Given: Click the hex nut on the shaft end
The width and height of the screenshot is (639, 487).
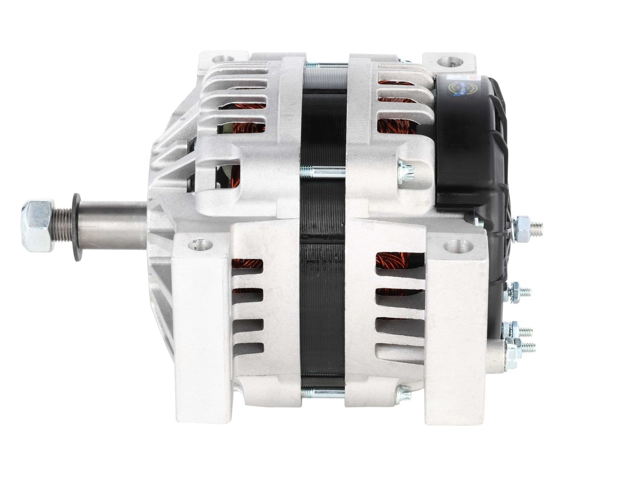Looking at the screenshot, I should (x=37, y=226).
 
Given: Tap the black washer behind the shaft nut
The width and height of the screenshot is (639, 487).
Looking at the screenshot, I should (x=77, y=227).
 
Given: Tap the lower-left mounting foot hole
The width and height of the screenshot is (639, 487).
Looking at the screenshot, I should (x=201, y=245).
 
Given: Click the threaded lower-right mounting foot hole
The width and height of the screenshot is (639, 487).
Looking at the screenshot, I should (x=458, y=247).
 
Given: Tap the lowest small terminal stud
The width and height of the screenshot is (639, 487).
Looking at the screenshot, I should (x=526, y=347).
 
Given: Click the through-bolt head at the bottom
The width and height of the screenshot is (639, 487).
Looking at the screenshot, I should (x=403, y=392).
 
